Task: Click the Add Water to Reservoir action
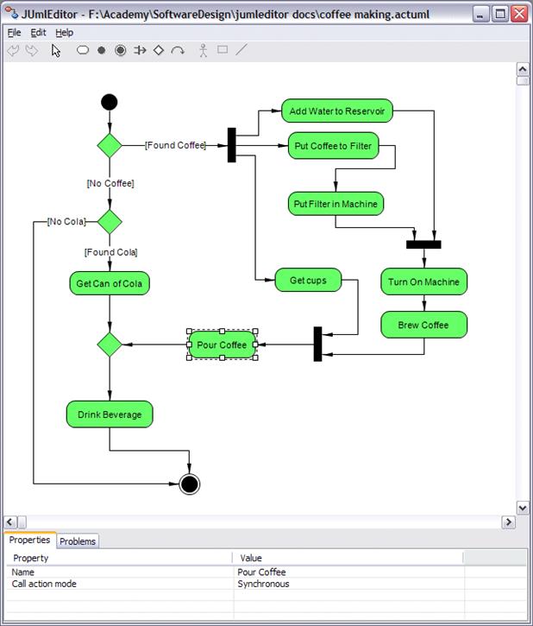[337, 111]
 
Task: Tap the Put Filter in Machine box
[335, 204]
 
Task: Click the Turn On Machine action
[423, 281]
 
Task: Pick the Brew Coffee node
[423, 325]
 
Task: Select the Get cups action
[308, 280]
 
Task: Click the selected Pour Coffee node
[222, 345]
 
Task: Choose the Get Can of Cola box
[110, 283]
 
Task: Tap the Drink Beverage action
[110, 414]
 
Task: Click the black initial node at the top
[109, 103]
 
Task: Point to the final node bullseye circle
[190, 484]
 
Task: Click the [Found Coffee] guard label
[175, 145]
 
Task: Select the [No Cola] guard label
[66, 222]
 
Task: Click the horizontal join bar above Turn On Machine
[423, 244]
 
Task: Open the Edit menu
[38, 32]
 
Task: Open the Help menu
[64, 32]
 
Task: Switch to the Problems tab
[78, 541]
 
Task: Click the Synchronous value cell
[263, 584]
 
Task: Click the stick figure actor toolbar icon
[204, 50]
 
